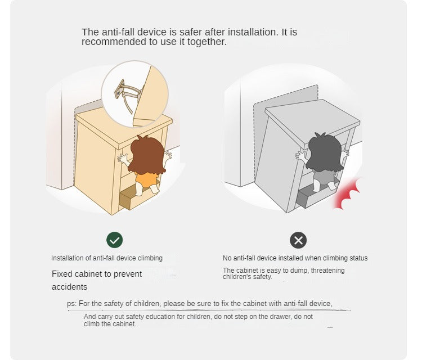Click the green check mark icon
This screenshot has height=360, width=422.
114,240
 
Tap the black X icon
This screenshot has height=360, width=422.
298,240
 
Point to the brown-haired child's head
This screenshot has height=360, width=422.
147,155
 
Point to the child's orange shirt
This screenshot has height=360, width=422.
146,180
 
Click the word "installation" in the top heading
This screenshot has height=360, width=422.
253,32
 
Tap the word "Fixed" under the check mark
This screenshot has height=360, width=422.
62,274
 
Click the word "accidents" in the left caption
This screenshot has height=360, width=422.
69,287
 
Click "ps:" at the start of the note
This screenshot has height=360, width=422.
72,304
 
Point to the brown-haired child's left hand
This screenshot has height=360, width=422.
123,159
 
